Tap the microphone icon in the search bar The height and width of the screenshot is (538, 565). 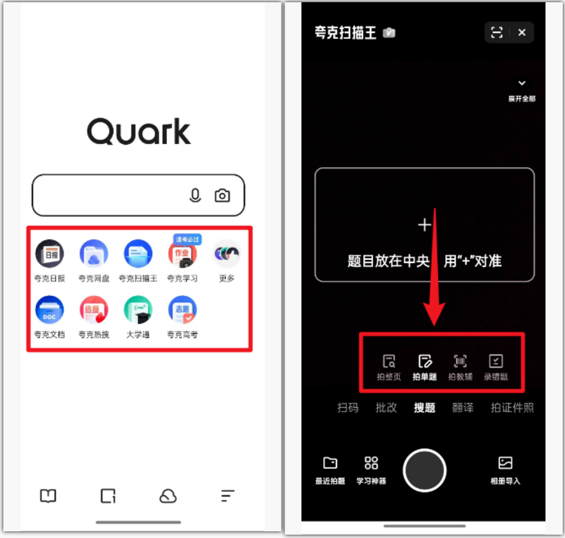(x=195, y=195)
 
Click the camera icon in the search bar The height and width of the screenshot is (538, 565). (x=222, y=195)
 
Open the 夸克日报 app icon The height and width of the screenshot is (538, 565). (x=50, y=254)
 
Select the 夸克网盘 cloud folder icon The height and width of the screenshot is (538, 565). (x=94, y=254)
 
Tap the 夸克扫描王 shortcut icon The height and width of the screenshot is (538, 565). (x=138, y=254)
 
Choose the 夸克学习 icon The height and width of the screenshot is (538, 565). (x=182, y=255)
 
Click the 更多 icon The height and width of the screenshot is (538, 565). (x=226, y=254)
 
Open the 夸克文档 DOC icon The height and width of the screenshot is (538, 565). (x=50, y=310)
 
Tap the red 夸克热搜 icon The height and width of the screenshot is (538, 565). (x=94, y=310)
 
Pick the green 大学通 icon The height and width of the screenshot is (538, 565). (x=138, y=310)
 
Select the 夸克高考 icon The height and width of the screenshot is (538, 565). (x=182, y=310)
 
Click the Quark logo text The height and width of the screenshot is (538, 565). (x=139, y=131)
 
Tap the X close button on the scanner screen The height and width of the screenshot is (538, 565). (x=522, y=33)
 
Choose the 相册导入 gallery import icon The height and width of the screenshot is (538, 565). (x=505, y=463)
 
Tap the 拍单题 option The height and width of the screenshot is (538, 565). (x=425, y=367)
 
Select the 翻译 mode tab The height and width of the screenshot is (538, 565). (x=463, y=408)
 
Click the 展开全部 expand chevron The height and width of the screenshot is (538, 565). (x=522, y=84)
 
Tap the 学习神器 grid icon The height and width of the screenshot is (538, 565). (x=371, y=463)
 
